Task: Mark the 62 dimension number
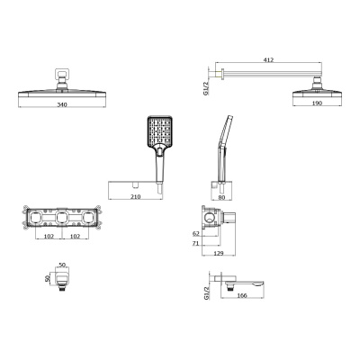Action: tap(197, 232)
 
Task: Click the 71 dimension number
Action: tap(197, 243)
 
